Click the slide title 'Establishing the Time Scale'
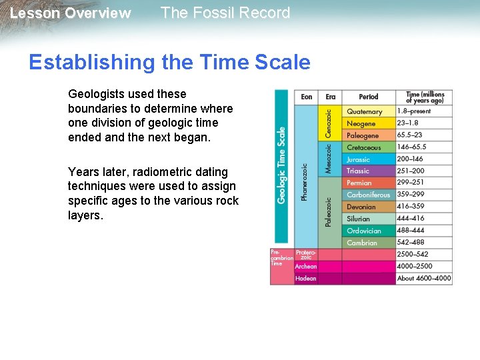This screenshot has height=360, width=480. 169,62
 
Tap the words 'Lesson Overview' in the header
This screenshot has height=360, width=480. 71,13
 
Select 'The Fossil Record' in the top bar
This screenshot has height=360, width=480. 225,13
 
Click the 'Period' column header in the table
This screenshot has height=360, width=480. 368,97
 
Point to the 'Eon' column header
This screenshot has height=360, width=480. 307,97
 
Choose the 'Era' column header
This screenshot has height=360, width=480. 331,97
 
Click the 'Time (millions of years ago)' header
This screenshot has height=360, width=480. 425,97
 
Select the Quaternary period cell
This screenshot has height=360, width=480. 365,112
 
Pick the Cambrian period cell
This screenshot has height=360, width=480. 362,243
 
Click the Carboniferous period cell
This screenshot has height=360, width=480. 369,195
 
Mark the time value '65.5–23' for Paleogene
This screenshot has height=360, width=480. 411,135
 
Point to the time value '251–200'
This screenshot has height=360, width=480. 411,171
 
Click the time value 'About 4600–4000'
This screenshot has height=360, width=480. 424,278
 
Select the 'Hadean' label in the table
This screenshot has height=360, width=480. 306,279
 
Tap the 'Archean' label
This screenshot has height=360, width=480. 306,267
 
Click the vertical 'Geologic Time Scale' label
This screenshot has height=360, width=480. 281,165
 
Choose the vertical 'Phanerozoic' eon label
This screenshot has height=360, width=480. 305,182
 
